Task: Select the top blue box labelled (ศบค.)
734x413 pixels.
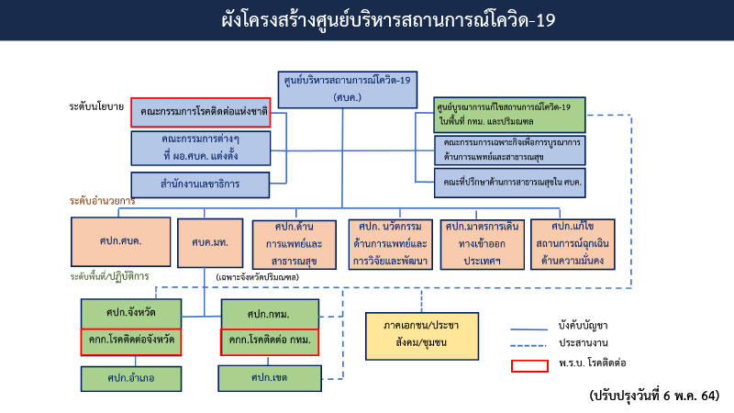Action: [x=346, y=88]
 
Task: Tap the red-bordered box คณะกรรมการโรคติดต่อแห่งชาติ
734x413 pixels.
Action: [x=200, y=112]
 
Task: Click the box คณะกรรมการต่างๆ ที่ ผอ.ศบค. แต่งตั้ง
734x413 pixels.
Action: [x=200, y=147]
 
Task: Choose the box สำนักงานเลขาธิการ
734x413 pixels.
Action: [x=200, y=184]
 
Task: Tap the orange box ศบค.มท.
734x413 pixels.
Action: [x=210, y=242]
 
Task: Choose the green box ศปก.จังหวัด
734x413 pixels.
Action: [x=130, y=313]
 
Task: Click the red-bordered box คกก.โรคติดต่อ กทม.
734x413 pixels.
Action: [x=269, y=341]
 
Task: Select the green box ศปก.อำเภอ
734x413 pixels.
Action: [x=130, y=376]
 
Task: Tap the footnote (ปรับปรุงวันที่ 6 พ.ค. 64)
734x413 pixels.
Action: [x=655, y=396]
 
